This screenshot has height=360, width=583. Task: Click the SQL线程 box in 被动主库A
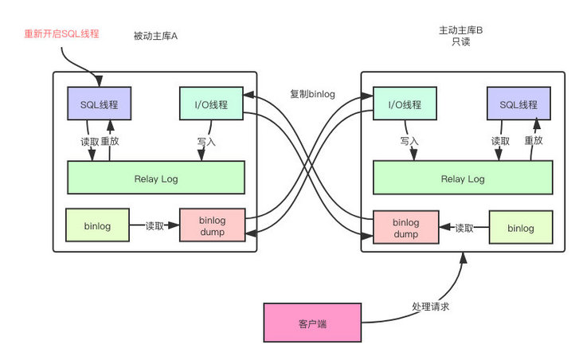click(x=99, y=104)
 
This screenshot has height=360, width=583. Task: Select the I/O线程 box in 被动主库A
click(x=211, y=104)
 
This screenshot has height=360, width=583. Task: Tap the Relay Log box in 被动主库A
click(x=155, y=178)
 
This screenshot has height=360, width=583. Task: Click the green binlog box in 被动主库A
click(x=96, y=225)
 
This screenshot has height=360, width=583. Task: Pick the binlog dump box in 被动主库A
click(x=212, y=225)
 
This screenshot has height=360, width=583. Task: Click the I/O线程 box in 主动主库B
click(x=405, y=104)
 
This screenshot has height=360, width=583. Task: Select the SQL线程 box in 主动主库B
click(x=518, y=104)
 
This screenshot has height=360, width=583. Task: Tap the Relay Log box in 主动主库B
click(x=462, y=178)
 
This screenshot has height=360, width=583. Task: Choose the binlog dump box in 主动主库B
click(x=405, y=228)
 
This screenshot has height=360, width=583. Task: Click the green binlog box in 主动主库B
click(x=520, y=228)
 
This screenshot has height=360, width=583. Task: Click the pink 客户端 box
click(x=313, y=323)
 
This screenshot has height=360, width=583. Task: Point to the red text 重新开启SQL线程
click(x=61, y=33)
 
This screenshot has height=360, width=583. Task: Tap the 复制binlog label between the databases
click(x=312, y=93)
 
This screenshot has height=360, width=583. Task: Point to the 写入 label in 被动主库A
click(x=206, y=141)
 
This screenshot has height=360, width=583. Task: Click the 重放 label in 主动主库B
click(x=533, y=141)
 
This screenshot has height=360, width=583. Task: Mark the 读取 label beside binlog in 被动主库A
click(x=155, y=225)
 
